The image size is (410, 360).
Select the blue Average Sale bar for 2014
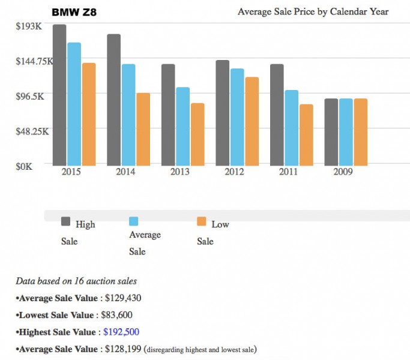tap(128, 115)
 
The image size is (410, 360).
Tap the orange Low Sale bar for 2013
tap(197, 134)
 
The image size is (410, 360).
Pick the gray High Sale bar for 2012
tap(222, 113)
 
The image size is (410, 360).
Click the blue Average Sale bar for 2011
tap(292, 128)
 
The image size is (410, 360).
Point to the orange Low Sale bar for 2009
tap(361, 132)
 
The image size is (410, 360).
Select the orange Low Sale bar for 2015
tap(89, 114)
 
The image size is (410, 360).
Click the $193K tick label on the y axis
tap(29, 26)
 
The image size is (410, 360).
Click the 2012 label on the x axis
tap(234, 172)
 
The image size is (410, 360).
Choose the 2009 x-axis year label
tap(343, 172)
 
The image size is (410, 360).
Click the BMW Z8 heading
tap(74, 11)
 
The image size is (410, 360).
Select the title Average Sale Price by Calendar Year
tap(313, 11)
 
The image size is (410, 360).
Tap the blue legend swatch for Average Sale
tap(134, 221)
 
